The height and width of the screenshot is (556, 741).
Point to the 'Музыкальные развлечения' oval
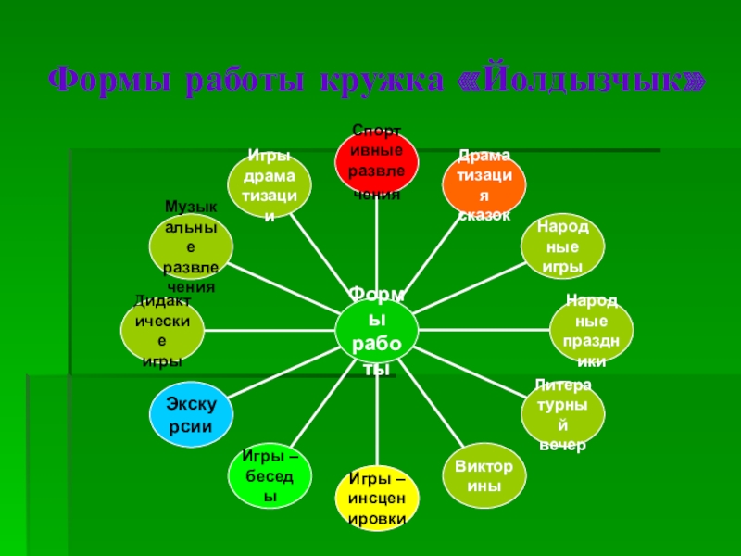pyautogui.click(x=191, y=247)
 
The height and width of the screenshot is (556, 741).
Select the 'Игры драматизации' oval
pyautogui.click(x=270, y=183)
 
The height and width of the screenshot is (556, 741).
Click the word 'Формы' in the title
pyautogui.click(x=110, y=81)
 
